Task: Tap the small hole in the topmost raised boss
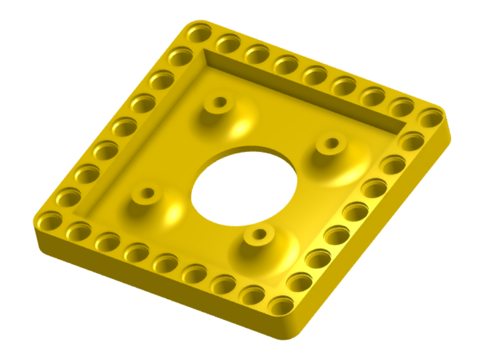[220, 101]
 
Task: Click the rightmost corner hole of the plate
[431, 118]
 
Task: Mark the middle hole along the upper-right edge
[315, 76]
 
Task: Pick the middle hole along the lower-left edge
[166, 263]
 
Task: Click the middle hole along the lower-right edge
[357, 211]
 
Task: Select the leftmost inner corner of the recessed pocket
[76, 213]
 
